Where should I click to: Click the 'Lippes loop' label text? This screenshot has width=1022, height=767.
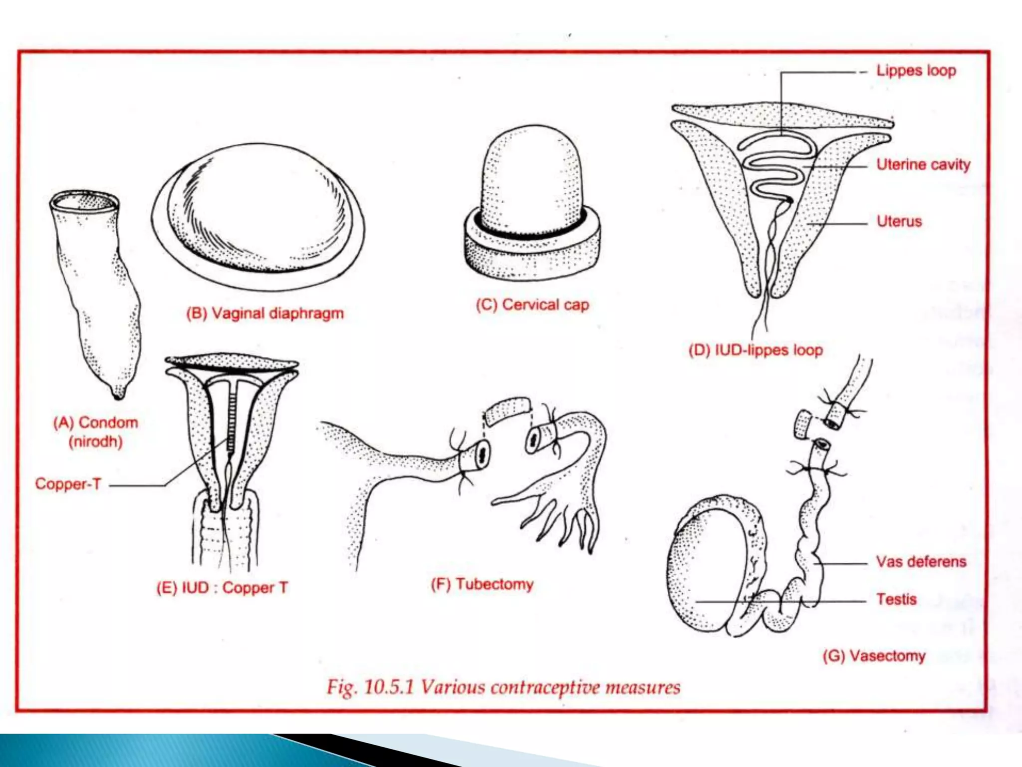pos(916,70)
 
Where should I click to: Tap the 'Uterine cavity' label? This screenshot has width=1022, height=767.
pos(923,164)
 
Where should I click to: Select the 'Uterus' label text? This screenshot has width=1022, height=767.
pos(899,221)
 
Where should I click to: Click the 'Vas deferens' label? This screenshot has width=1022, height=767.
pos(921,561)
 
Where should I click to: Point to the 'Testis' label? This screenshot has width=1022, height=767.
pos(896,599)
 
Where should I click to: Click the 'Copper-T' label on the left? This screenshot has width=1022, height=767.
pos(68,484)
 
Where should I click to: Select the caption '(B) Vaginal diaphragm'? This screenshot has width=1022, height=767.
pos(265,313)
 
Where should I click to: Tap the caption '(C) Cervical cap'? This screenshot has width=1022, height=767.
pos(532,304)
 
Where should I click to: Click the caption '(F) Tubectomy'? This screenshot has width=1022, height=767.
pos(482,584)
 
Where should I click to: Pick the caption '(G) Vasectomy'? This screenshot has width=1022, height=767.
pos(874,655)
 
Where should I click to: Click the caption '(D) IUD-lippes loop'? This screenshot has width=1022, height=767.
pos(755,350)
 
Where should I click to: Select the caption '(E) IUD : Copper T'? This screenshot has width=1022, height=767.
pos(222,587)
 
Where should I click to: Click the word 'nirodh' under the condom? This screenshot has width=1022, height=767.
pos(95,442)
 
